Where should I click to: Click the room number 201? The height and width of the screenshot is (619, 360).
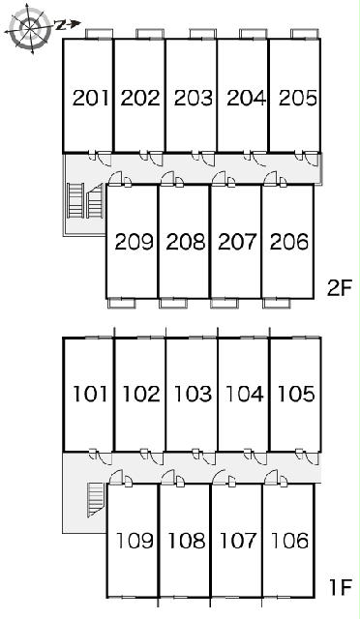91,98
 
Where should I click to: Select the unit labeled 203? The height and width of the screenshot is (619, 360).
194,98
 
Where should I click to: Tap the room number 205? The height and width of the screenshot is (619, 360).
297,98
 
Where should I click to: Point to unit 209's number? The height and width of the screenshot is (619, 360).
134,242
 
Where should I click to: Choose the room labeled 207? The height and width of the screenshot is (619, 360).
237,242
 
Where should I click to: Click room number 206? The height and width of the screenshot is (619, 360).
288,242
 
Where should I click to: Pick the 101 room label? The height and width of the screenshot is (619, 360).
91,394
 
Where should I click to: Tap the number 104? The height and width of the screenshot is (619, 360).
244,394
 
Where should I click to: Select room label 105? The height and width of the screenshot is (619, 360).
296,394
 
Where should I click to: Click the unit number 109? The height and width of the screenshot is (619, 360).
135,541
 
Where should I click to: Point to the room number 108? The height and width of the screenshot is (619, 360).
187,541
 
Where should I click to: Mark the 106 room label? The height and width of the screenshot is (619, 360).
289,541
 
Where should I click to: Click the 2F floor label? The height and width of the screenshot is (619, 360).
340,288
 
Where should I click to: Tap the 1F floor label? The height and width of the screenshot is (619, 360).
341,587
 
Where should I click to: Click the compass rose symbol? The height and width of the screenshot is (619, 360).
30,28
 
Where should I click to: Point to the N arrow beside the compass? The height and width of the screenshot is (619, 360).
68,25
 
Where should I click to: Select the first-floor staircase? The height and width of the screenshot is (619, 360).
95,500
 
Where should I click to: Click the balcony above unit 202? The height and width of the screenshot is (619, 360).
150,34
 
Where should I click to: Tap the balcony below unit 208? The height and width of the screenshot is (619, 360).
173,303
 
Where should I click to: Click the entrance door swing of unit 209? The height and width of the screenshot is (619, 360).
116,178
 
